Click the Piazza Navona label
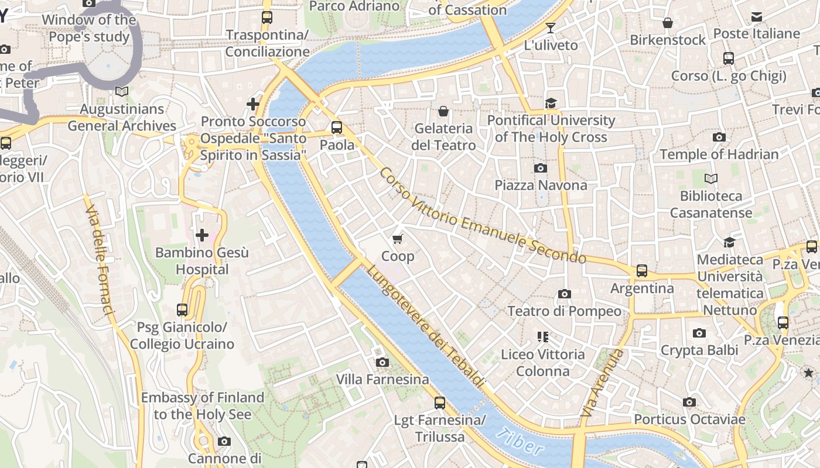click(541, 185)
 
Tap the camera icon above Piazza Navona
click(541, 168)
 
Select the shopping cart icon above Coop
click(398, 239)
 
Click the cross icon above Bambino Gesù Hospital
click(202, 235)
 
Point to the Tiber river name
click(519, 443)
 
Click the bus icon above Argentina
click(642, 271)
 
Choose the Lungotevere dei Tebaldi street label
click(426, 326)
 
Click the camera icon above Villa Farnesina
click(382, 363)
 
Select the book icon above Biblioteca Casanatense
click(711, 178)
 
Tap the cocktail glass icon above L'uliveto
click(551, 27)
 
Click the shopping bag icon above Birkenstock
click(667, 23)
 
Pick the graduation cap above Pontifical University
click(551, 103)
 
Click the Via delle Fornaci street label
click(100, 260)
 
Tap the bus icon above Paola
click(336, 128)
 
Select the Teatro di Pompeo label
click(564, 311)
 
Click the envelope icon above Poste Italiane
click(757, 17)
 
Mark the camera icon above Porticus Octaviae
click(689, 402)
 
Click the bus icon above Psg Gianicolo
click(182, 310)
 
